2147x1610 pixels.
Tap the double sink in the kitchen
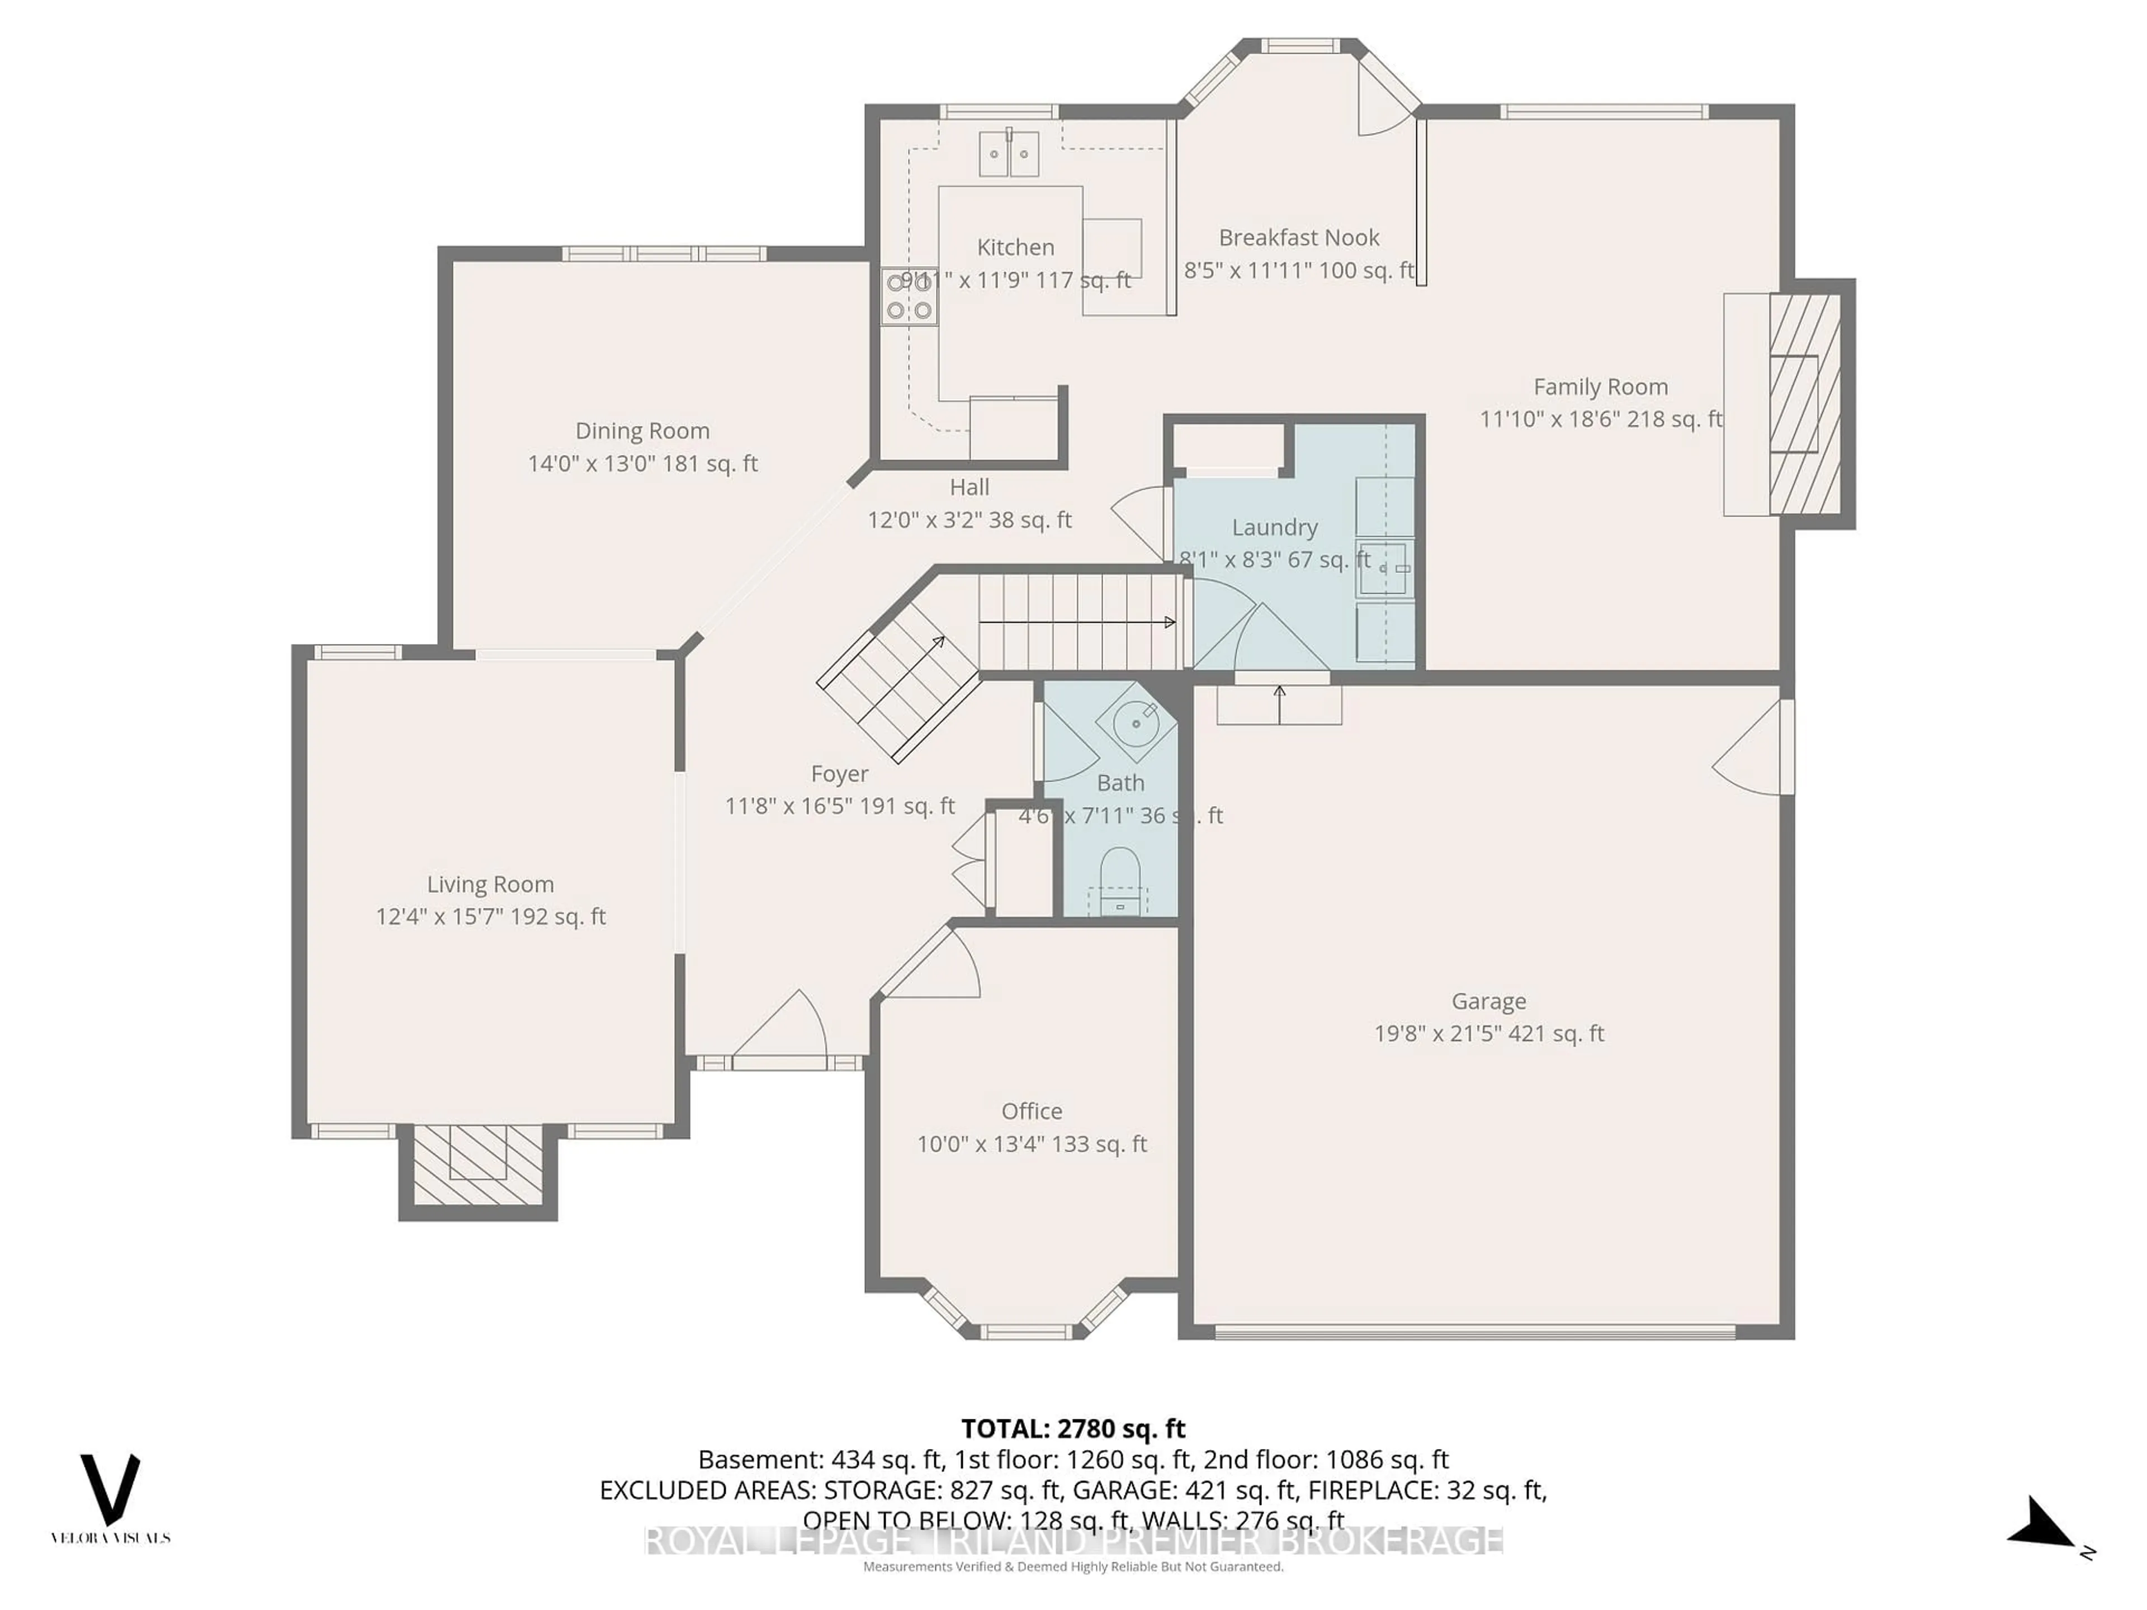pos(1009,153)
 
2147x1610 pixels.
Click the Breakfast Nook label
pos(1299,238)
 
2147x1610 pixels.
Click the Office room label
pos(1031,1111)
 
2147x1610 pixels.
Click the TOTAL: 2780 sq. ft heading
pos(1072,1428)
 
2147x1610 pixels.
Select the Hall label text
pos(969,487)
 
